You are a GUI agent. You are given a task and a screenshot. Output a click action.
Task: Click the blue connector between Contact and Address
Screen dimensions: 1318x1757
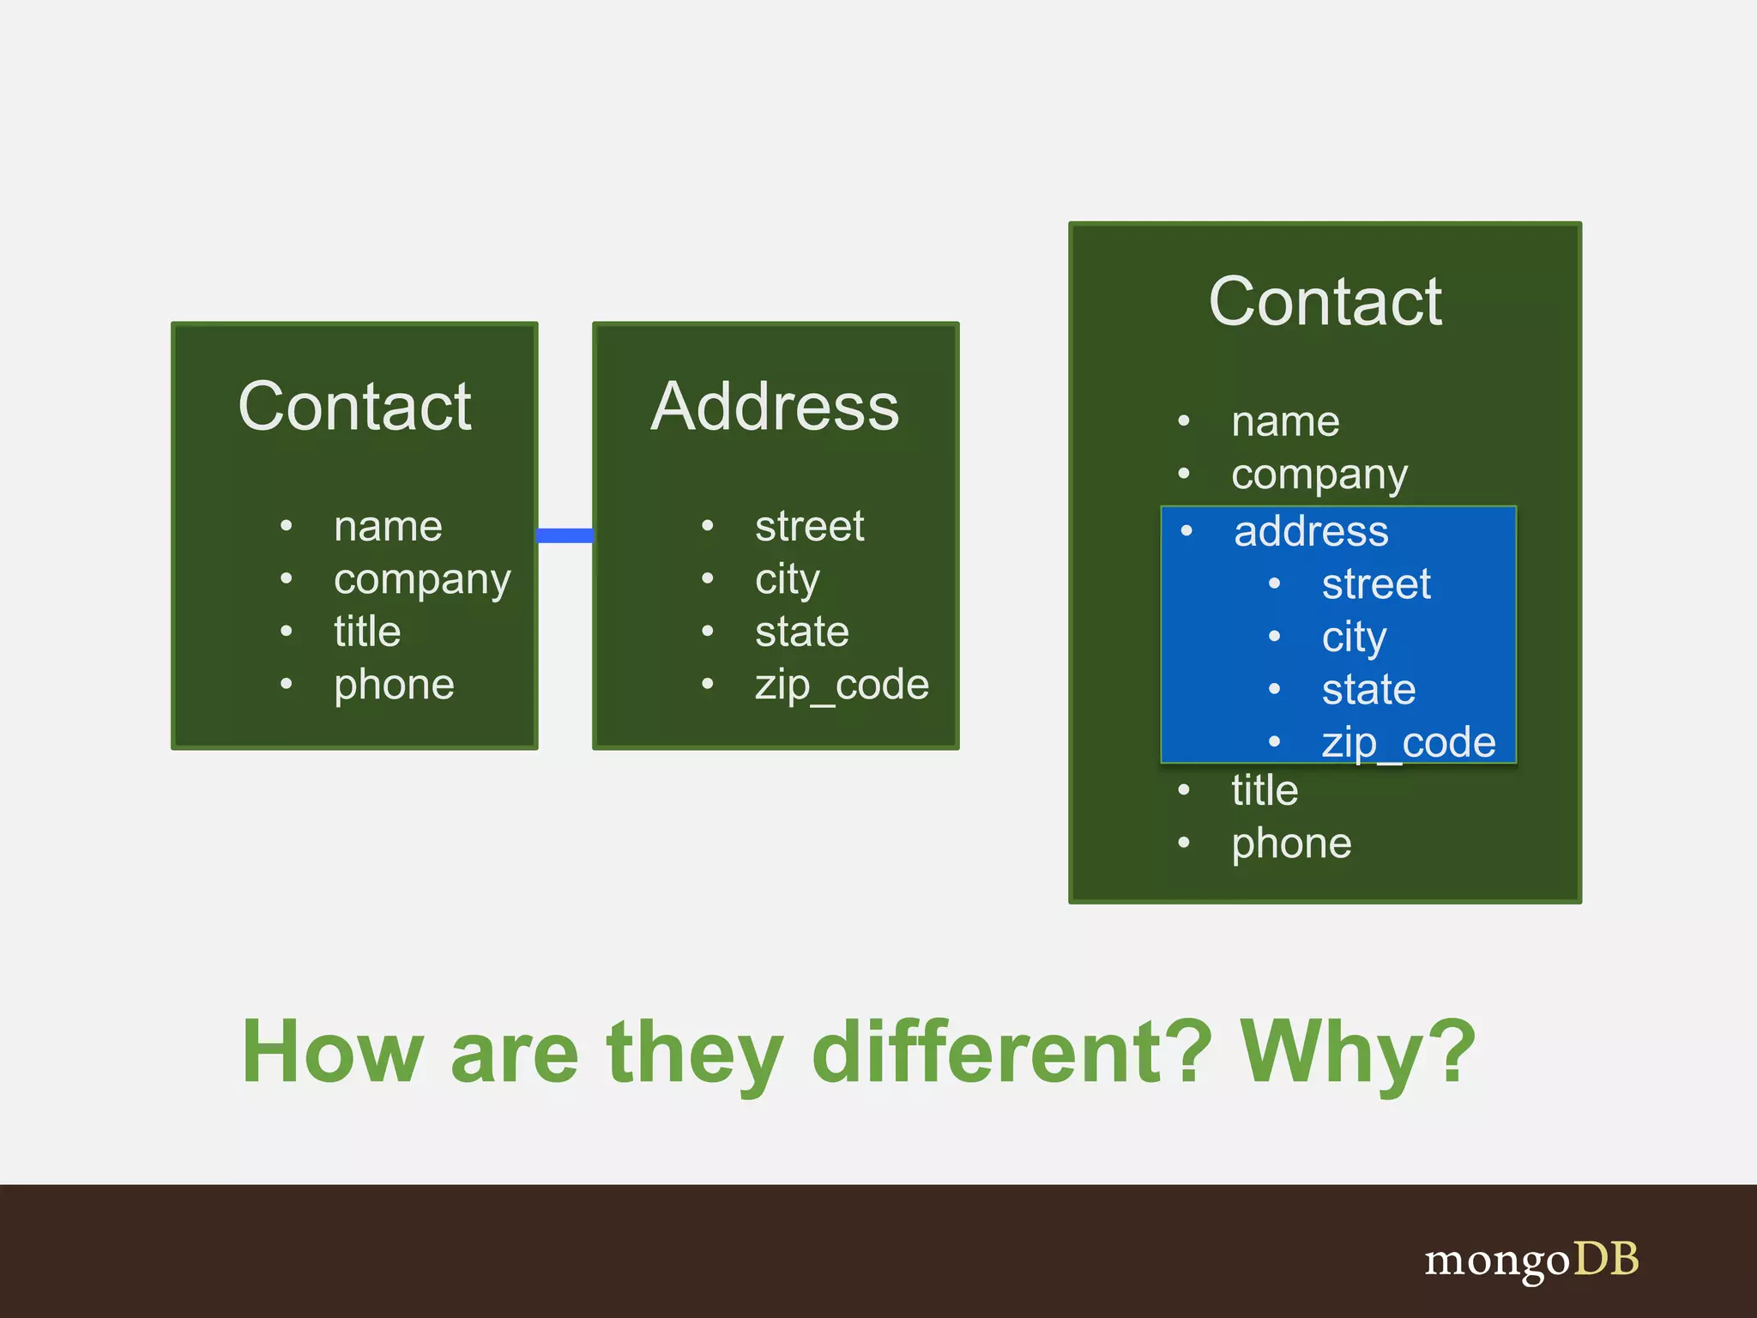pyautogui.click(x=565, y=535)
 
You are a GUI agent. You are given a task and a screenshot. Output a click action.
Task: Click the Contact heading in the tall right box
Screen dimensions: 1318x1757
pyautogui.click(x=1325, y=302)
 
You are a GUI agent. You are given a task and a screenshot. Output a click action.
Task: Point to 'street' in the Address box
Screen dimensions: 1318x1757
pyautogui.click(x=809, y=526)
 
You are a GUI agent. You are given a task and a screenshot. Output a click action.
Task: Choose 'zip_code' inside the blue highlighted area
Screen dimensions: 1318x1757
pyautogui.click(x=1408, y=742)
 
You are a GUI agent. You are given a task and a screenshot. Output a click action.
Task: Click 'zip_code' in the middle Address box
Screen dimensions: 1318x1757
pyautogui.click(x=841, y=685)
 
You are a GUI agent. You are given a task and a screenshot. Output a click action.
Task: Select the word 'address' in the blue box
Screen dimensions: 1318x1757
pyautogui.click(x=1310, y=531)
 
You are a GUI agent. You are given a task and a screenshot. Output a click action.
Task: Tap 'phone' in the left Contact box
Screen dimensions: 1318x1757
pyautogui.click(x=394, y=685)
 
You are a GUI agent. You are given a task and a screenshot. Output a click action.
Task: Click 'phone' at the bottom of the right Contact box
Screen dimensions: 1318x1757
pyautogui.click(x=1291, y=843)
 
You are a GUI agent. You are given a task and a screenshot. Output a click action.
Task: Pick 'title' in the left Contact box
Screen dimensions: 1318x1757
pyautogui.click(x=367, y=632)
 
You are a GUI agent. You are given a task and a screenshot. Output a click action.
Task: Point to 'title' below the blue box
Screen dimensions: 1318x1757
pyautogui.click(x=1264, y=790)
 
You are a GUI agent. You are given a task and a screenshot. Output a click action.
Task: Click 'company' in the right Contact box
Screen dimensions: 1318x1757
pyautogui.click(x=1319, y=475)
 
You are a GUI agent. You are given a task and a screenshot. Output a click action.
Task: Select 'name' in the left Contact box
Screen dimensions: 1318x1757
pyautogui.click(x=388, y=526)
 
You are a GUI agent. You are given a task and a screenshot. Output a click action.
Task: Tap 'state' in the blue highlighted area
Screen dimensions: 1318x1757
pyautogui.click(x=1368, y=689)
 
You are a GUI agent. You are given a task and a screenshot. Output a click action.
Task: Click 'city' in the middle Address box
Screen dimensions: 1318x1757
pyautogui.click(x=787, y=579)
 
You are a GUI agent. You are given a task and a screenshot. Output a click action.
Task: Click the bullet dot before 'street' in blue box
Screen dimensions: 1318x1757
pyautogui.click(x=1274, y=584)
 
